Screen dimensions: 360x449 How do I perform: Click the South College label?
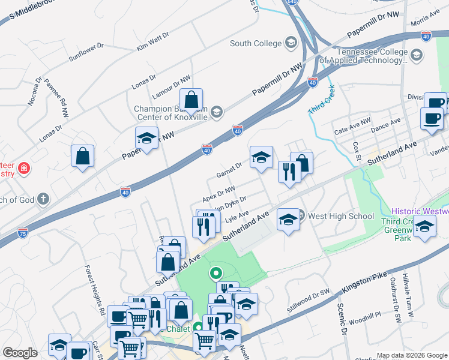tap(255, 43)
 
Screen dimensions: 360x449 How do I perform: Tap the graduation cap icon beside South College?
tap(291, 43)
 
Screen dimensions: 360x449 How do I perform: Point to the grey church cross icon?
tap(42, 199)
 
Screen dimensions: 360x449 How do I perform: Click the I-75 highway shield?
tap(22, 232)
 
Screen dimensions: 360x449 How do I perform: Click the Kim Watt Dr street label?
tap(154, 42)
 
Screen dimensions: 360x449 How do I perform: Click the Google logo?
tap(20, 353)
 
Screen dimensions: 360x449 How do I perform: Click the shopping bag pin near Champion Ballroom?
tap(191, 101)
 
